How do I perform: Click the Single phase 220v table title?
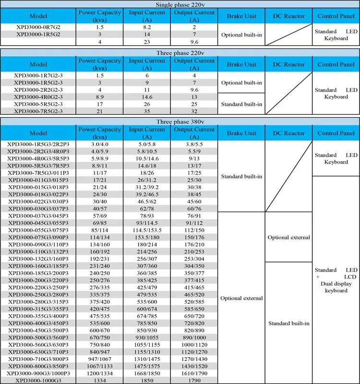[180, 4]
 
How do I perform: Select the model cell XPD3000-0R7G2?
[38, 27]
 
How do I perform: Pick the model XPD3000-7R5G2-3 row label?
[38, 111]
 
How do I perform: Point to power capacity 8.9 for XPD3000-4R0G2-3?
[100, 97]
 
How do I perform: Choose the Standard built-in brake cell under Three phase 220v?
[241, 104]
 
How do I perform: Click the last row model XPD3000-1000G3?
[38, 380]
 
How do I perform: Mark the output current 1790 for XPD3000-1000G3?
[194, 380]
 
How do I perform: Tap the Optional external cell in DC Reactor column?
[288, 237]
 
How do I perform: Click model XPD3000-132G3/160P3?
[38, 259]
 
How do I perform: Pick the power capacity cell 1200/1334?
[100, 373]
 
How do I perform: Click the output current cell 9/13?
[194, 158]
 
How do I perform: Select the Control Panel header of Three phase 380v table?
[336, 133]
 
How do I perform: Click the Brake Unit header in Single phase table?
[241, 16]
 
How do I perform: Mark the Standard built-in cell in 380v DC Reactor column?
[288, 323]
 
